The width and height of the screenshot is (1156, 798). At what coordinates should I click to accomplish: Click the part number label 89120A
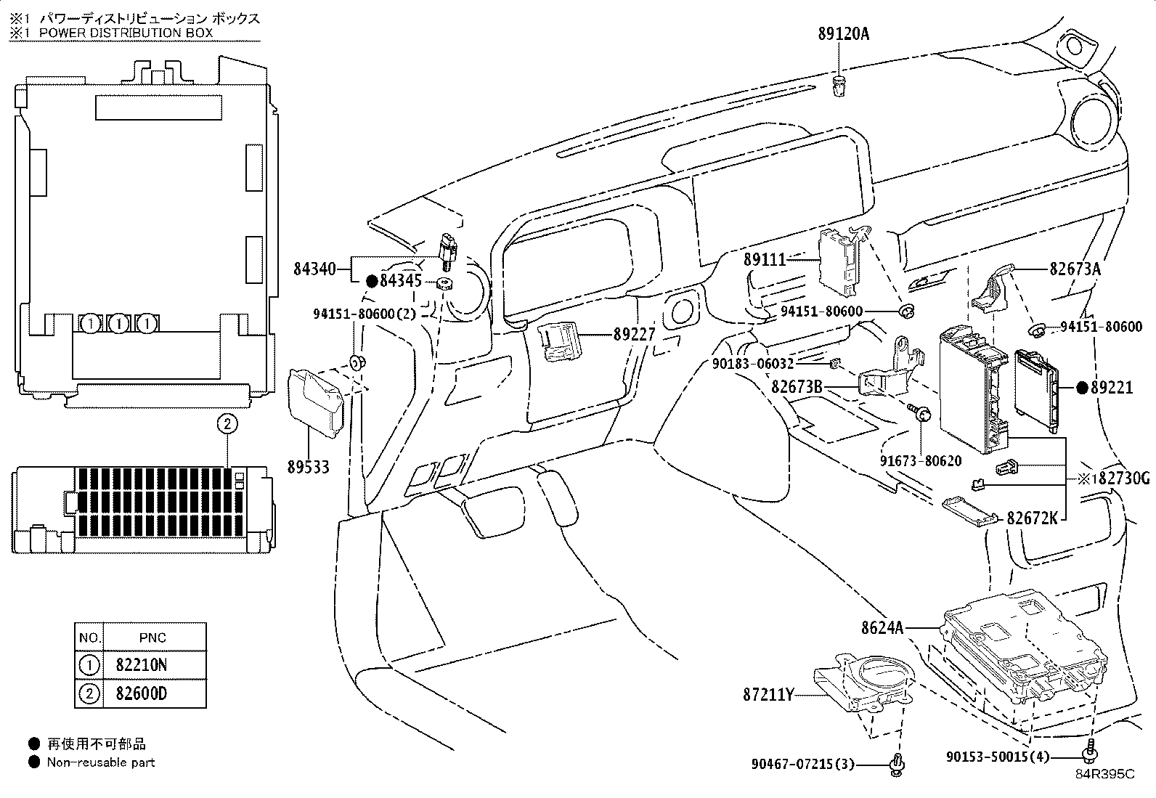pos(839,33)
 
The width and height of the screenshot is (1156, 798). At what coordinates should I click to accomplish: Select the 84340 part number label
pos(314,269)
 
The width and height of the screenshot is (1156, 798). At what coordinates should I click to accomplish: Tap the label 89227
pos(634,335)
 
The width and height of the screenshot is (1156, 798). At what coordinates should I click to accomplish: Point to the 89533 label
pos(308,467)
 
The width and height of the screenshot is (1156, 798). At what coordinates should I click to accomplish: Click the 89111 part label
pos(765,258)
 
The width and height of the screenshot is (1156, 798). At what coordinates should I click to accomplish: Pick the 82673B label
pos(797,387)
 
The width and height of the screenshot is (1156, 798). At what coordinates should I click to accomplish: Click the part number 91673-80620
pos(921,460)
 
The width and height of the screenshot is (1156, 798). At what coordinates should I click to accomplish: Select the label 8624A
pos(882,627)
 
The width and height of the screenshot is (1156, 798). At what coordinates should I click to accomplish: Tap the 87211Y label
pos(768,695)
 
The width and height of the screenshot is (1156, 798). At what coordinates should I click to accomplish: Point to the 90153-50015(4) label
pos(998,757)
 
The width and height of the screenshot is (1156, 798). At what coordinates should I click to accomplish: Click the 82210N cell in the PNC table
pos(142,664)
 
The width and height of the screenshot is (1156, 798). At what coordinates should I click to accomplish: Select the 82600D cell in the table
pos(142,693)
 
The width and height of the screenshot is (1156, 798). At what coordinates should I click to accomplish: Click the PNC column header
pos(152,638)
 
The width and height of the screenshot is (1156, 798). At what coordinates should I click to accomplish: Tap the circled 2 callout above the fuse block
pos(227,424)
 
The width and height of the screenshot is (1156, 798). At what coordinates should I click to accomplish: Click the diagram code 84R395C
pos(1104,774)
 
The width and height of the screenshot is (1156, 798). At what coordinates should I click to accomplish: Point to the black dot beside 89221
pos(1082,388)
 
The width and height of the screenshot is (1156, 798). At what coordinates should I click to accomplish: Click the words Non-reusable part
pos(101,762)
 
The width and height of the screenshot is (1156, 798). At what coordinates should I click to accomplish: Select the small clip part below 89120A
pos(839,85)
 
